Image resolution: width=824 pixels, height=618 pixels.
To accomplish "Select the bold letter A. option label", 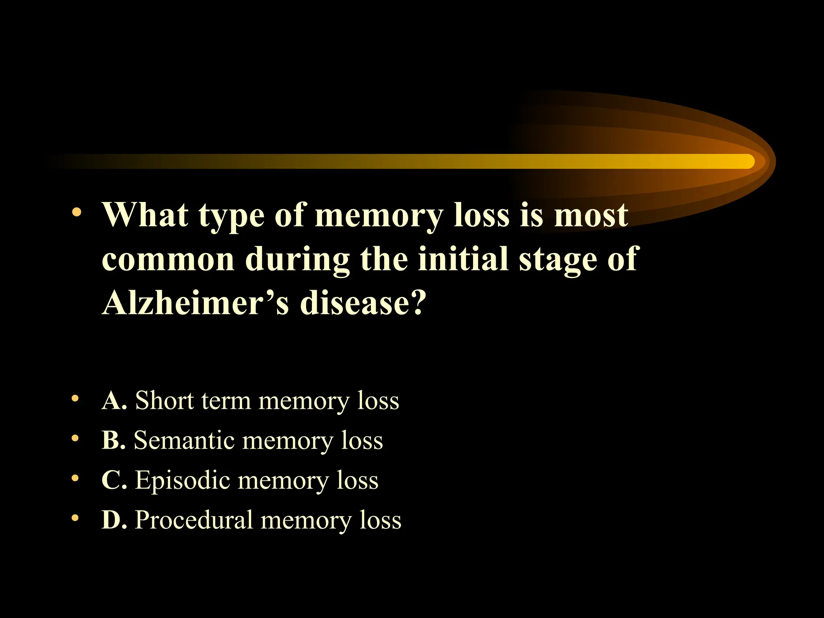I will point(114,401).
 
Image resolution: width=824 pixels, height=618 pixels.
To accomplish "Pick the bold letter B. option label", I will point(113,440).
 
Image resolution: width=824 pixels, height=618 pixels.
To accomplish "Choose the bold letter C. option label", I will point(114,480).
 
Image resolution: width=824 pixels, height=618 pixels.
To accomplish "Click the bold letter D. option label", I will point(114,519).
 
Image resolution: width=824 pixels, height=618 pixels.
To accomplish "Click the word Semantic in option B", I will point(184,440).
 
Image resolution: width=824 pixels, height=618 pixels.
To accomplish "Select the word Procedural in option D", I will point(194,520).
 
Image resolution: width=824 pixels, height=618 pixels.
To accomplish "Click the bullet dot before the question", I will point(76,212).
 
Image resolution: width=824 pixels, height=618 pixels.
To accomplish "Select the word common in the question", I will point(168,260).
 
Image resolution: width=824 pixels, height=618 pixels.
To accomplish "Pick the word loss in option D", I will point(380,520).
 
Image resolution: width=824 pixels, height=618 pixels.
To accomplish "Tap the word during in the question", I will point(297,260).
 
